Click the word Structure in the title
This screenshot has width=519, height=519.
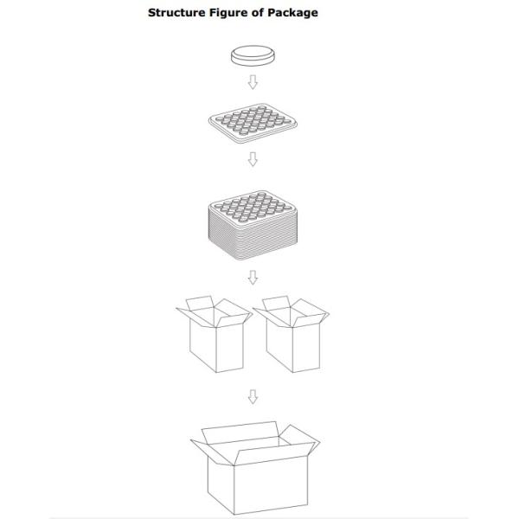click(176, 13)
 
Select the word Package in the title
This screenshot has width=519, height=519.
click(293, 13)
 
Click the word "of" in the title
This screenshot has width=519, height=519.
click(258, 13)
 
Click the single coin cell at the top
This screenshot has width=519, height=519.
click(253, 56)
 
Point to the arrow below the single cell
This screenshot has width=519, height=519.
click(253, 82)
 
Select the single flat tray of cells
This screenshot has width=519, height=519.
click(253, 124)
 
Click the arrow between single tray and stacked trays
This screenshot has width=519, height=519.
click(253, 159)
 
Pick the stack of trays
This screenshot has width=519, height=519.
click(253, 226)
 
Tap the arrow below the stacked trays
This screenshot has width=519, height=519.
click(253, 278)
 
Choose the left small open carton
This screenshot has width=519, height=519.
click(215, 334)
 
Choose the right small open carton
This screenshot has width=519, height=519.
click(292, 334)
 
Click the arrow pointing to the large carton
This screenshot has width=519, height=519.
click(253, 396)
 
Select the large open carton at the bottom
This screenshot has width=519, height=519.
click(255, 468)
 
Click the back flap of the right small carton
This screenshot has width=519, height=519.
click(277, 303)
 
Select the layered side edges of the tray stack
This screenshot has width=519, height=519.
click(253, 239)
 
